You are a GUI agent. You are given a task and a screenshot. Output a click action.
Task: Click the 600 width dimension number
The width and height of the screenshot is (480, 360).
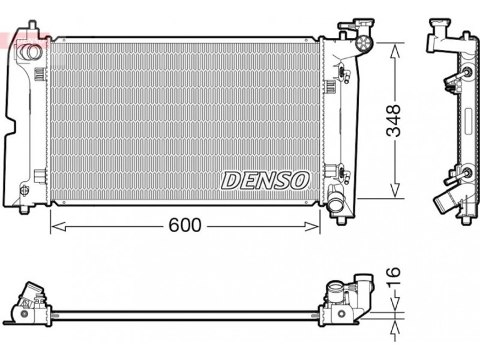click(185, 225)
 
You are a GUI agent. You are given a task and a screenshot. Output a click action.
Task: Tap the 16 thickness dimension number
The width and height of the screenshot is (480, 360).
click(394, 277)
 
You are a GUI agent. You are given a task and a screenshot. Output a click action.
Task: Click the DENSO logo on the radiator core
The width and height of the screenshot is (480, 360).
click(265, 181)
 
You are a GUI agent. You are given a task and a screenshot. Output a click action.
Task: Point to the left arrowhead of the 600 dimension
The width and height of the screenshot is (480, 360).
click(58, 227)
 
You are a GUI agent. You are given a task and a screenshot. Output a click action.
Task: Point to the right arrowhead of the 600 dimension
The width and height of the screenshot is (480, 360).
click(312, 227)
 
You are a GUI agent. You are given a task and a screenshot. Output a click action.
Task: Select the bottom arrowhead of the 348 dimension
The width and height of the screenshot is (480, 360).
click(395, 190)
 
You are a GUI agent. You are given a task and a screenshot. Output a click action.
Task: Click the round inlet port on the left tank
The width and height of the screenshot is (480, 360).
click(29, 52)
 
